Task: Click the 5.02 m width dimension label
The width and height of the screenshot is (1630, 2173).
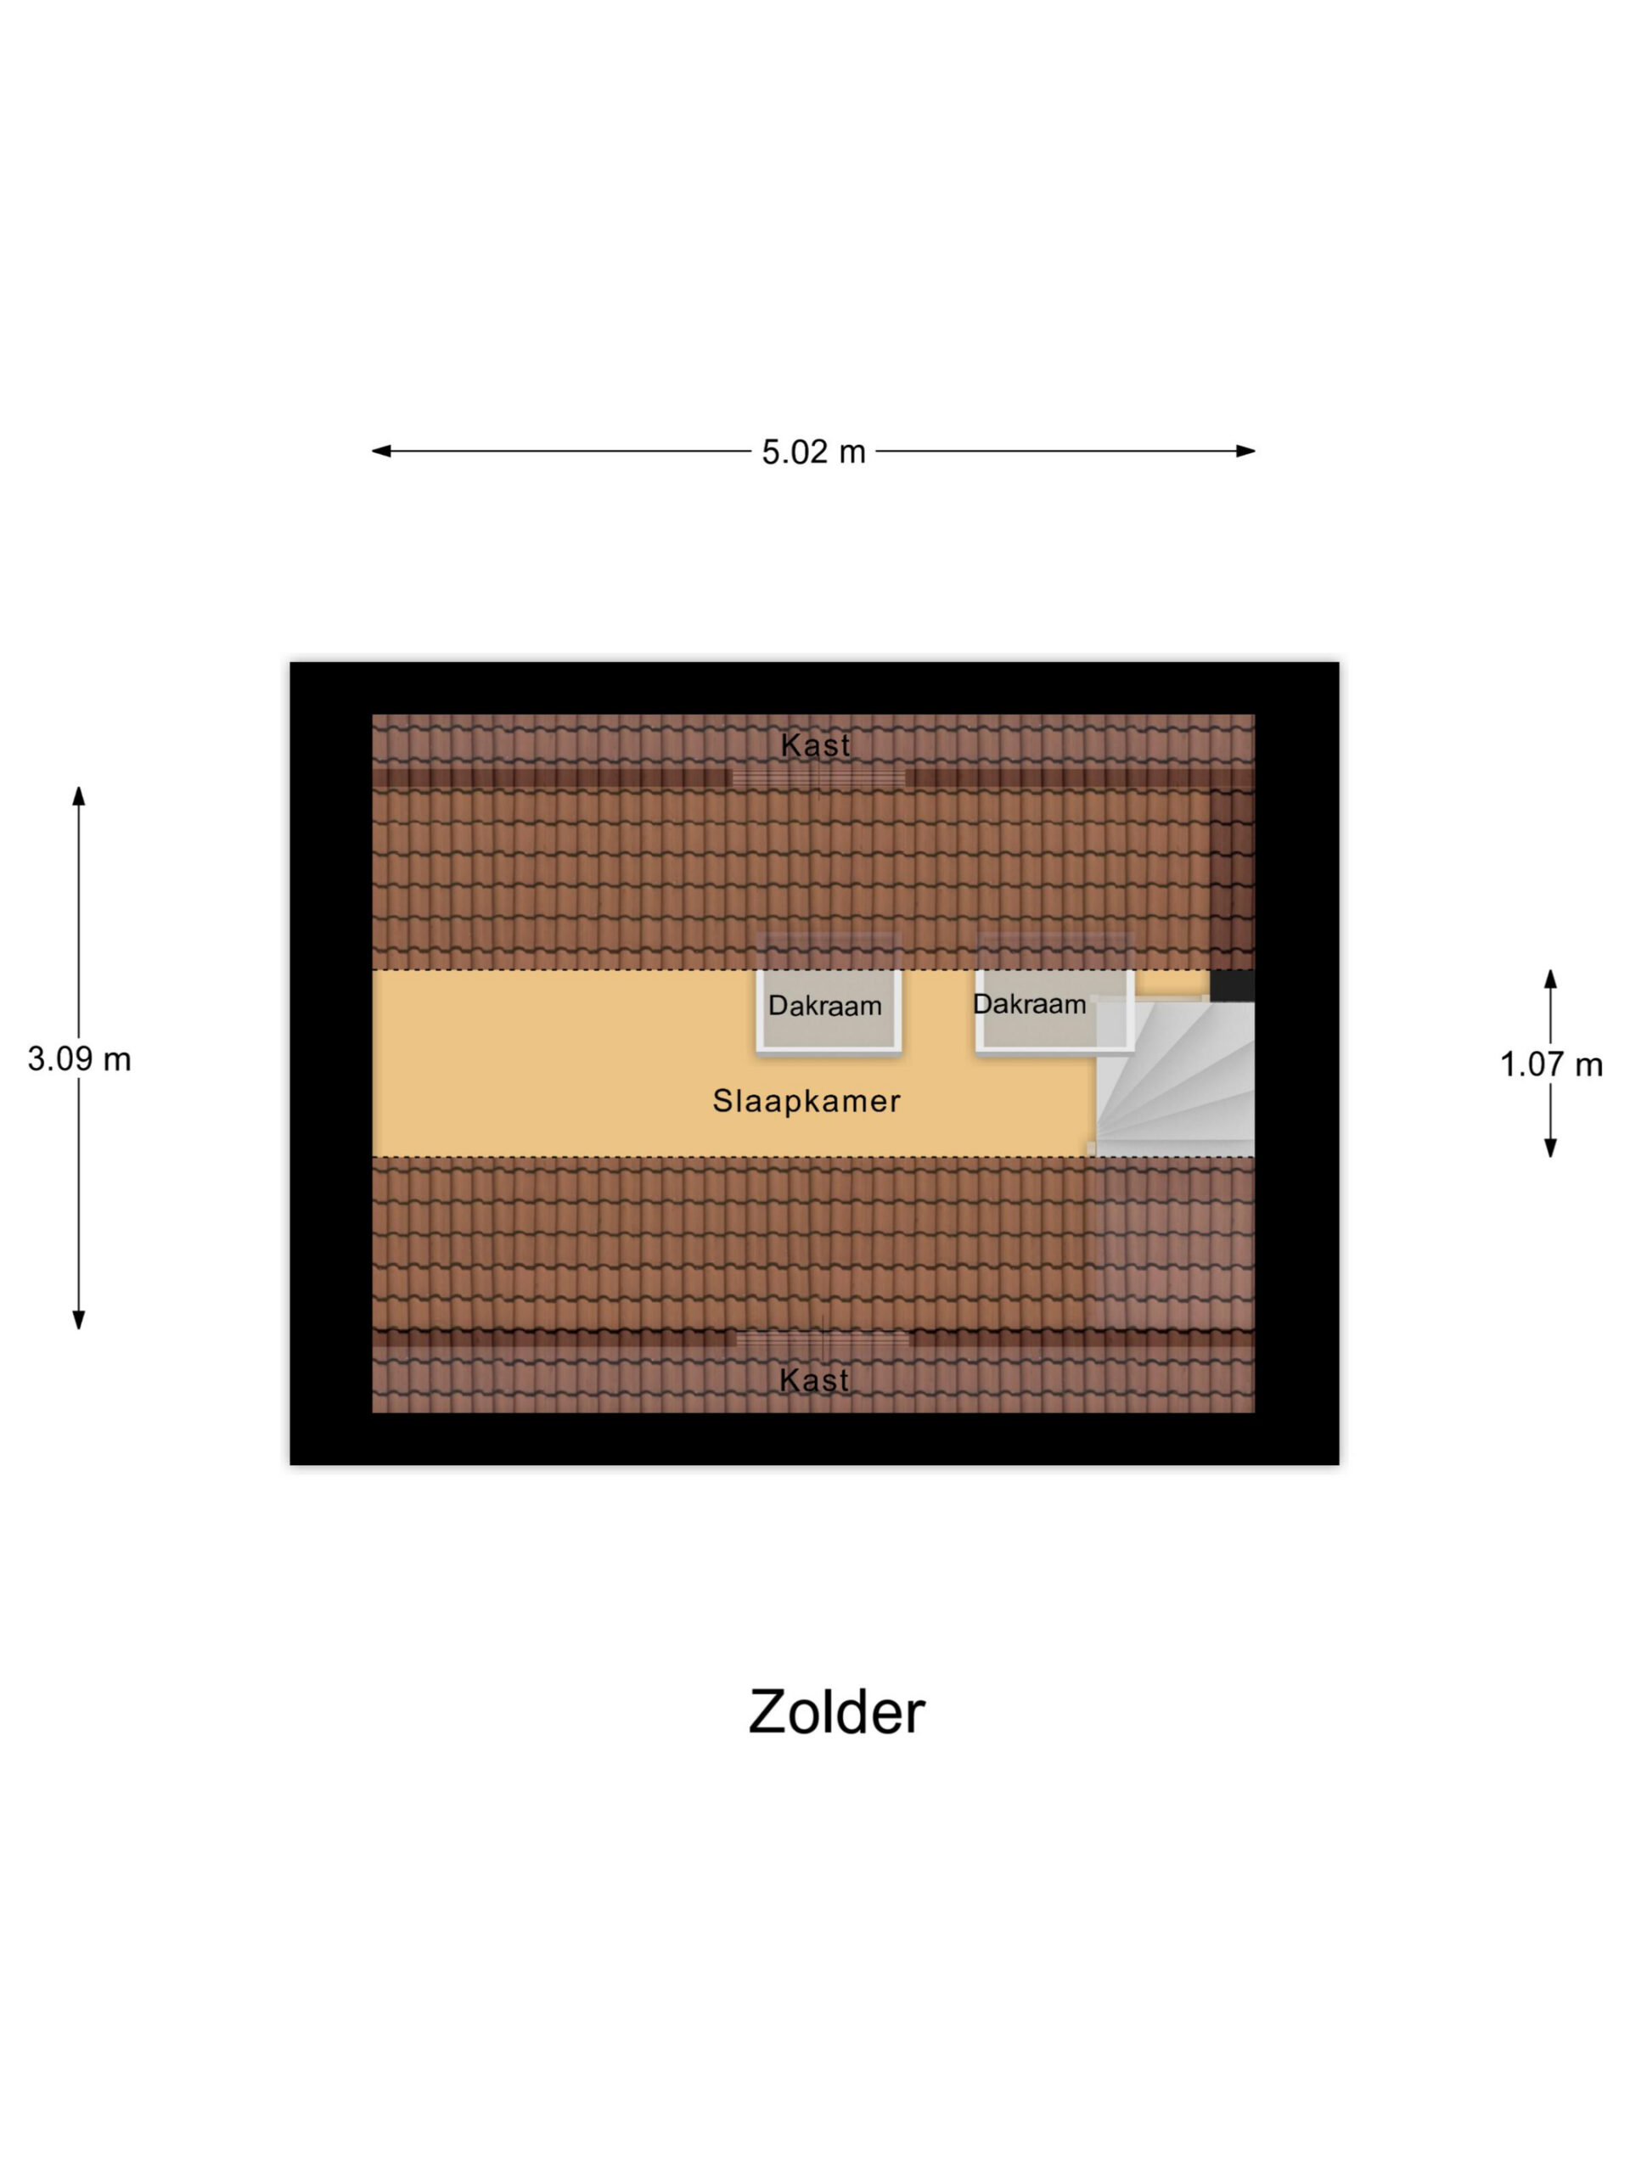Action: click(812, 452)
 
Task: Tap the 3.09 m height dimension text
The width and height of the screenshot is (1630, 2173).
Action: click(79, 1059)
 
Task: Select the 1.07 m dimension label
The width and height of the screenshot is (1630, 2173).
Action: click(1550, 1065)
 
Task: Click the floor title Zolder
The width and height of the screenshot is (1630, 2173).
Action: click(836, 1712)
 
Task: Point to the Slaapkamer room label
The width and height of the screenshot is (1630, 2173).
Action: click(806, 1101)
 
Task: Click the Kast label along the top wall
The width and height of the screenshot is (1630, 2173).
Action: click(814, 744)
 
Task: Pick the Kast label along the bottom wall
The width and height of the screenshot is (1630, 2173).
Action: click(813, 1381)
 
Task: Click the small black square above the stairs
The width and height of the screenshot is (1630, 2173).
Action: click(1231, 986)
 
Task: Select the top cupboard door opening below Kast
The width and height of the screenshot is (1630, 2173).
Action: click(818, 778)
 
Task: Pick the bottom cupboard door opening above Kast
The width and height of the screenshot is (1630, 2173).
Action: click(823, 1339)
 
